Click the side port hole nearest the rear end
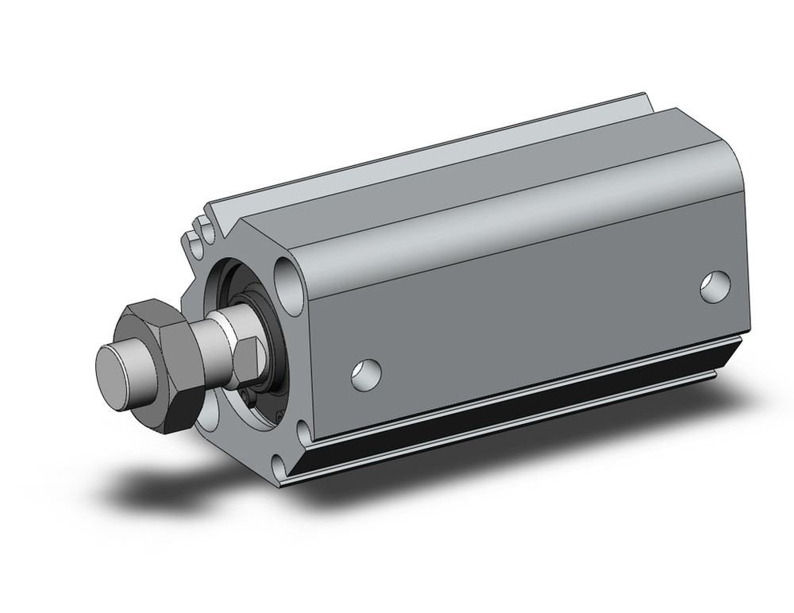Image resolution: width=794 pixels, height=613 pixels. click(x=716, y=287)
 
